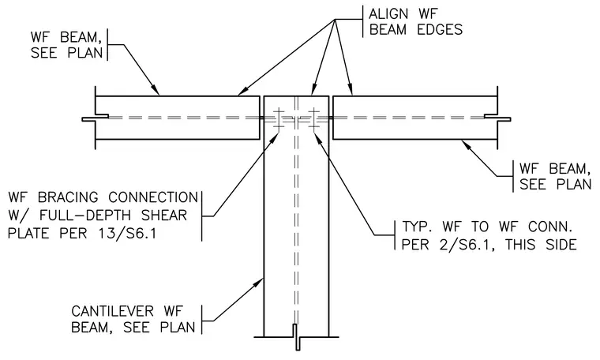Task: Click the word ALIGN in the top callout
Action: pos(388,14)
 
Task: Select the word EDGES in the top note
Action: pos(440,30)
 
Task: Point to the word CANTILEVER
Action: pos(112,311)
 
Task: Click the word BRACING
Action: pos(69,197)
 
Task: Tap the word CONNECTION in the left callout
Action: pos(153,197)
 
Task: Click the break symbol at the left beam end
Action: pos(95,118)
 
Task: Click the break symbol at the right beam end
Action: pos(497,118)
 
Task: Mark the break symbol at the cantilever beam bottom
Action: pos(297,337)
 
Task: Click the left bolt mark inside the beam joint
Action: pos(279,118)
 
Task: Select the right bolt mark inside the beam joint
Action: pos(314,118)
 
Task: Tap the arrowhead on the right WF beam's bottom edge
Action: pos(466,144)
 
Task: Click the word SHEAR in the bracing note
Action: pos(163,215)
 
